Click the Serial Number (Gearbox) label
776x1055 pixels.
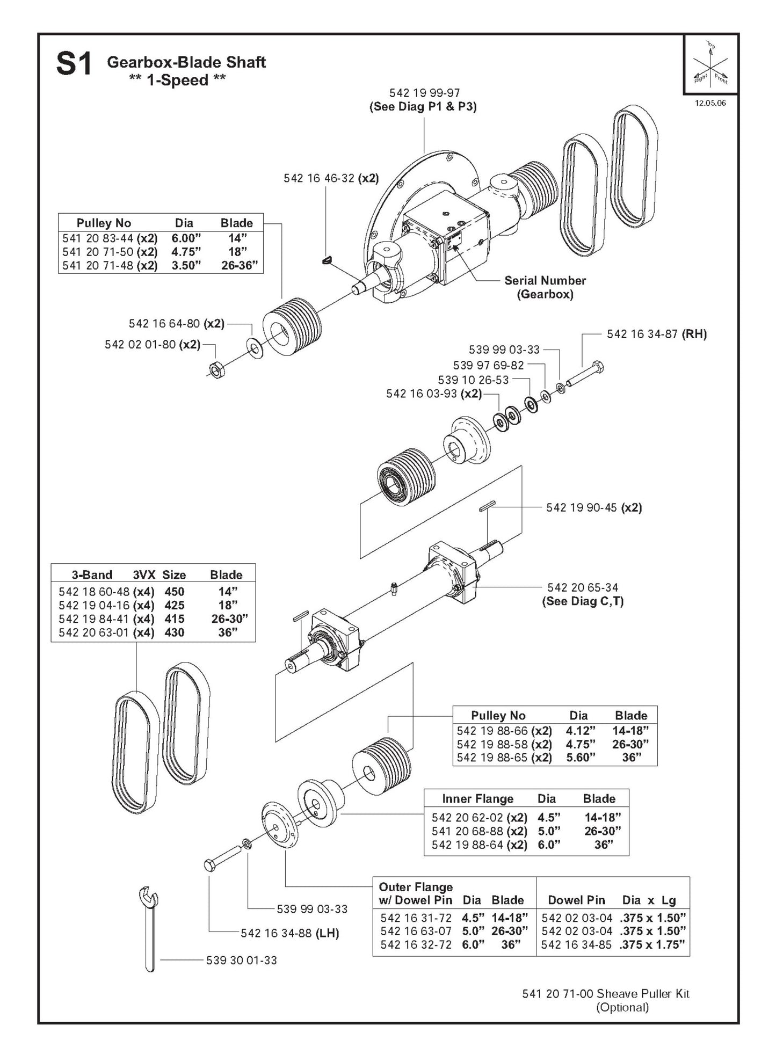(545, 287)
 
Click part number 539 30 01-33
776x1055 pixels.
(241, 960)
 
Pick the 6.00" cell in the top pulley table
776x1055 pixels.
(184, 238)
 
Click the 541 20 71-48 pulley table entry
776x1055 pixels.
(98, 265)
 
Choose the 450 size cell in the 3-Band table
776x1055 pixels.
(175, 592)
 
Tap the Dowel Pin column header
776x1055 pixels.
(576, 900)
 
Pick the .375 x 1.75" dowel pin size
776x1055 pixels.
(652, 944)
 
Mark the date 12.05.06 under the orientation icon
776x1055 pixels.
(710, 103)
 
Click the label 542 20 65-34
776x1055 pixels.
(583, 587)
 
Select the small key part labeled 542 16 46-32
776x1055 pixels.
(327, 260)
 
